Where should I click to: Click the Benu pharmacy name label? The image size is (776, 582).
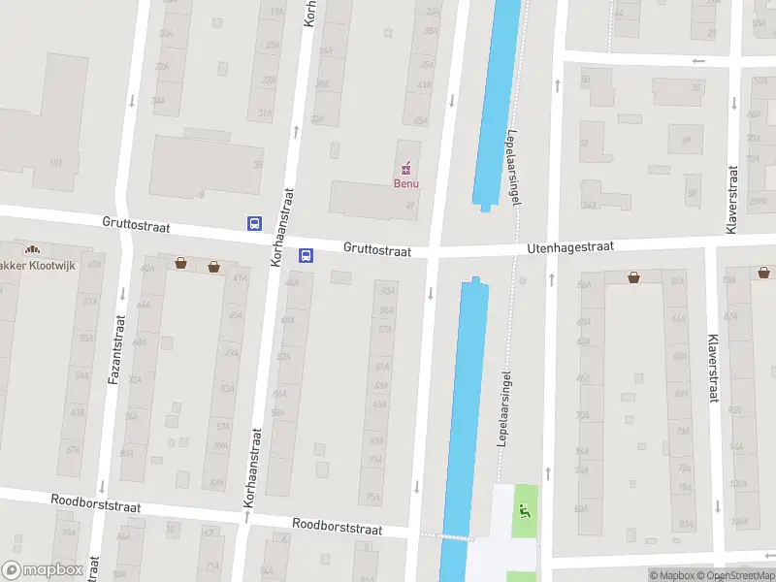tap(405, 182)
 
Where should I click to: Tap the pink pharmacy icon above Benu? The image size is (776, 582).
tap(406, 167)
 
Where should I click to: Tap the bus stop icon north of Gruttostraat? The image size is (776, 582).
tap(254, 223)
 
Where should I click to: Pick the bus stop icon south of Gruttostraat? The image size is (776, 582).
tap(306, 256)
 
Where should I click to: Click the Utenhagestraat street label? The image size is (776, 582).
tap(570, 248)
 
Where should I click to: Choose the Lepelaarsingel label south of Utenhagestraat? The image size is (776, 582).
tap(503, 407)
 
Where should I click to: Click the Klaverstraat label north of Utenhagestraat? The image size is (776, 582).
tap(732, 198)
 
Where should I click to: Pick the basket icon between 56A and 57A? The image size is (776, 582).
tap(633, 276)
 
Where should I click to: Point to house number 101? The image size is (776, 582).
tap(56, 162)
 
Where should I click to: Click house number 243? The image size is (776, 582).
tap(589, 205)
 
